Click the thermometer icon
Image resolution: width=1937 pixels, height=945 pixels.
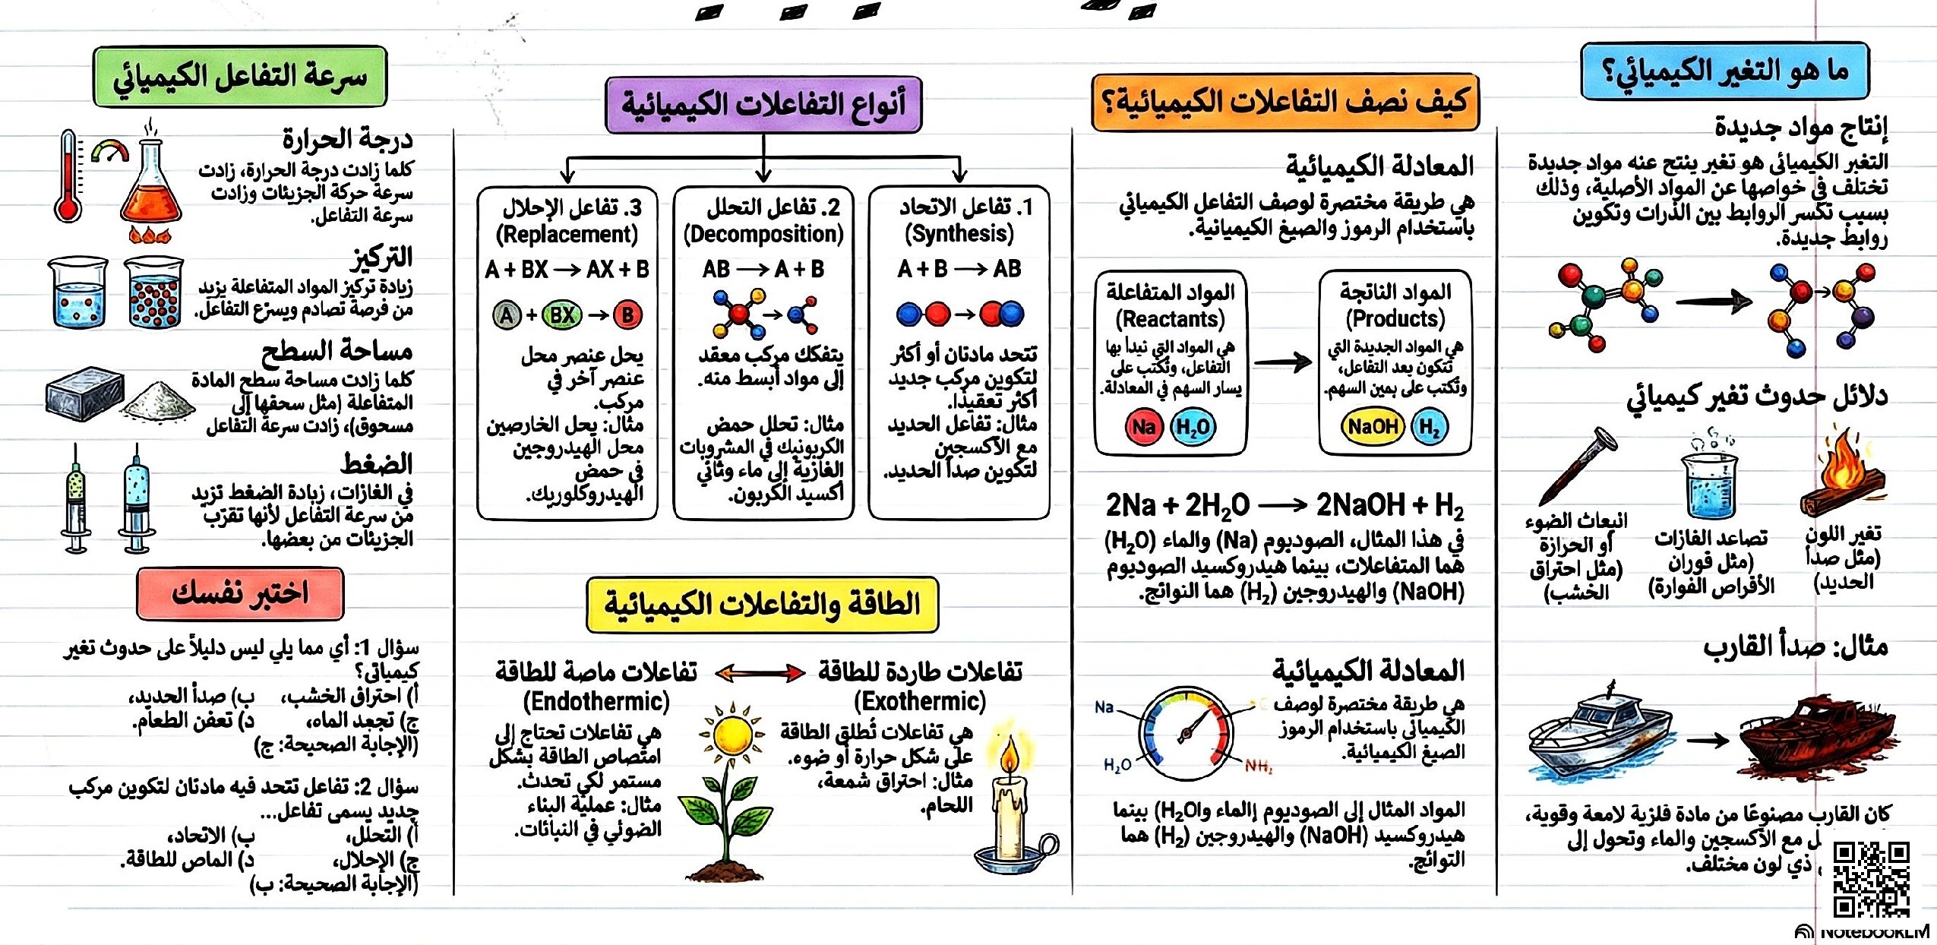click(x=68, y=177)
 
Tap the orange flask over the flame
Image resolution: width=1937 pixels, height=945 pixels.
click(x=151, y=190)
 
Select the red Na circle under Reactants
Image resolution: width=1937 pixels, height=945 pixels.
click(x=1143, y=427)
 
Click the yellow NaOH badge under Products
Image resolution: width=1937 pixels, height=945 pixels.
click(x=1372, y=427)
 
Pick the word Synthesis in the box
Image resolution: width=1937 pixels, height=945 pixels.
click(x=959, y=234)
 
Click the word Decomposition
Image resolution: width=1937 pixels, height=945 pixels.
click(x=763, y=234)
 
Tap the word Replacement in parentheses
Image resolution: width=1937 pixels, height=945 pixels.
click(x=567, y=234)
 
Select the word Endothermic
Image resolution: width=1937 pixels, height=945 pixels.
click(x=596, y=701)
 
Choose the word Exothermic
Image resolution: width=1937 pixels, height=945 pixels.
click(x=920, y=701)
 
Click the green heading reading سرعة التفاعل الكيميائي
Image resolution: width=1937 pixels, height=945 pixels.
click(x=240, y=76)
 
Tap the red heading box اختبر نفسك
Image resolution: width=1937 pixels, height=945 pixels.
click(x=240, y=593)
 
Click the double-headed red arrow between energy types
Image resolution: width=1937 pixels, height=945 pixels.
click(x=760, y=672)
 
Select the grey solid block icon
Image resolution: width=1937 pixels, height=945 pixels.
click(x=84, y=394)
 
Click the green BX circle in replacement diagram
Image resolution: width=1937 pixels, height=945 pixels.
click(x=561, y=314)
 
